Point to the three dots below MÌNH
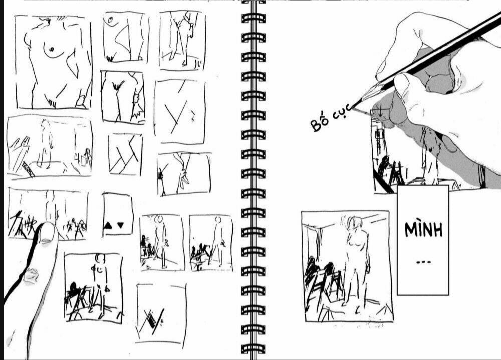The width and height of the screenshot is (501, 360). pyautogui.click(x=424, y=262)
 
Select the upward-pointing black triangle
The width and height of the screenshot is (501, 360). pyautogui.click(x=108, y=226)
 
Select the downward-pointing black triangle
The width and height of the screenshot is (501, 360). pyautogui.click(x=120, y=225)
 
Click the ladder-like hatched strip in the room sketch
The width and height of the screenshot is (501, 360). pyautogui.click(x=28, y=169)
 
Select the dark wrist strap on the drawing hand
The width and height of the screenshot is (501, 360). pyautogui.click(x=482, y=176)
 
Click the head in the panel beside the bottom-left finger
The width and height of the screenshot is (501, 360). pyautogui.click(x=100, y=258)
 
